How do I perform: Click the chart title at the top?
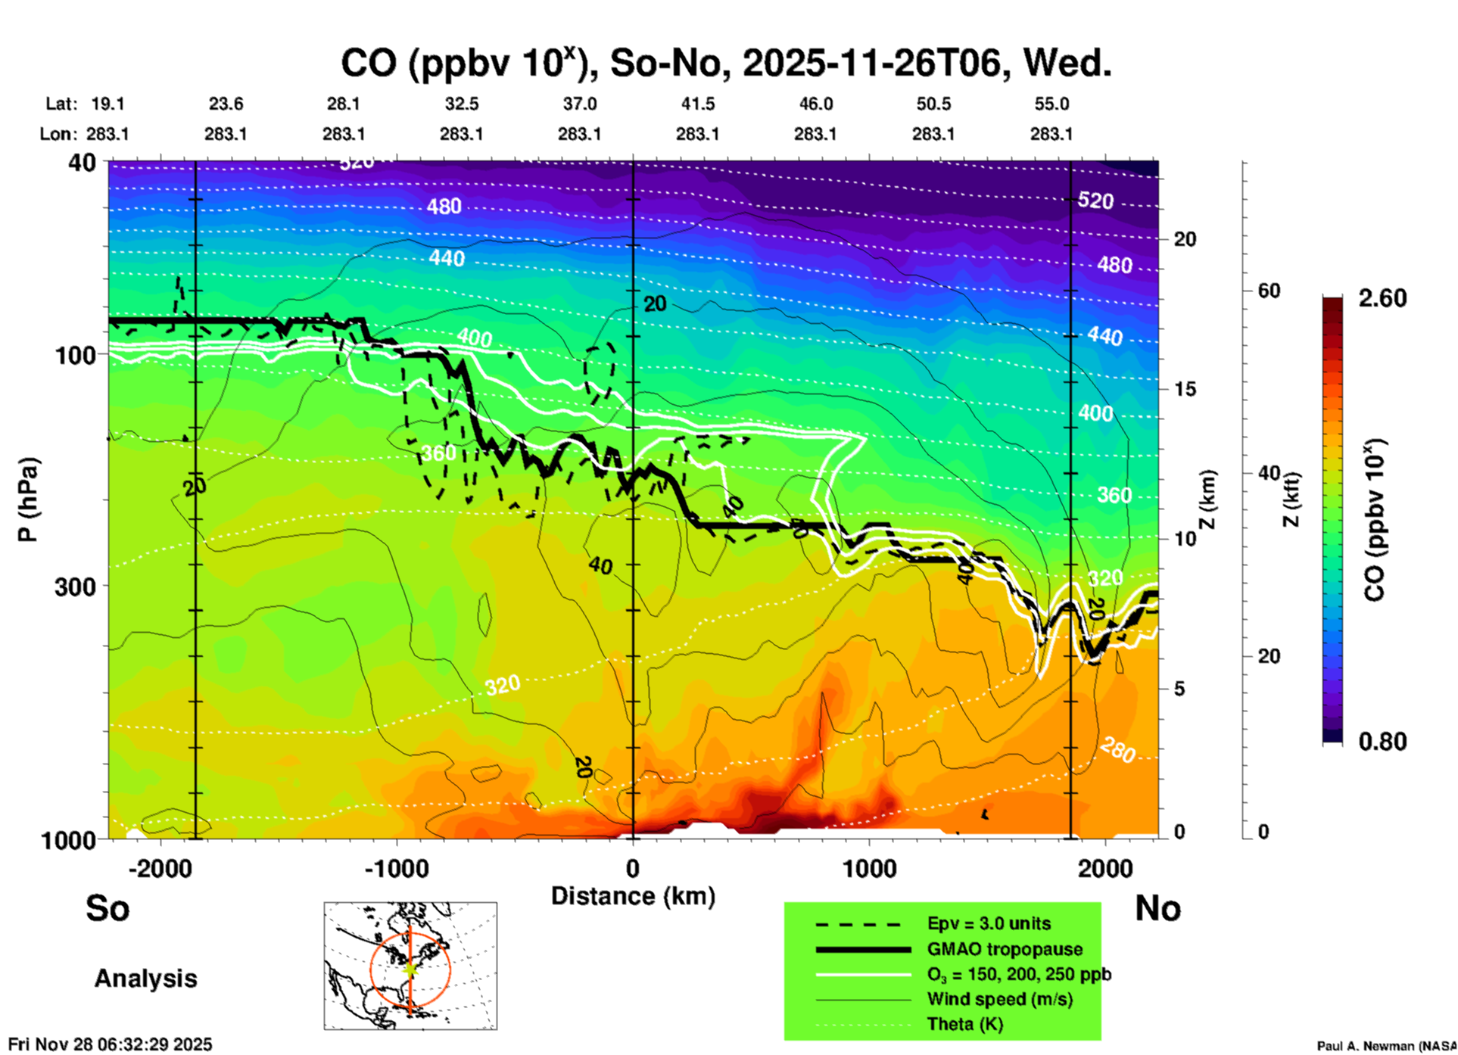(725, 63)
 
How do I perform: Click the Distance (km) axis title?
(633, 896)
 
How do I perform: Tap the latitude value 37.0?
(579, 104)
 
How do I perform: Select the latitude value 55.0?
(1051, 104)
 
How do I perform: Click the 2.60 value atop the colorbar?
(1382, 298)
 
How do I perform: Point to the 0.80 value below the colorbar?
(1382, 742)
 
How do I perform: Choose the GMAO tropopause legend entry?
(1005, 949)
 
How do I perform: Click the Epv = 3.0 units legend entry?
(989, 923)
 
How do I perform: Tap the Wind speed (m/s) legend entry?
(999, 999)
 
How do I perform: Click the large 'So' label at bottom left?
(107, 908)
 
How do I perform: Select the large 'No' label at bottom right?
(1157, 908)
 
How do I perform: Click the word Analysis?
(145, 979)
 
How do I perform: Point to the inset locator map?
(410, 966)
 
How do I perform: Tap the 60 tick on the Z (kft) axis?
(1270, 291)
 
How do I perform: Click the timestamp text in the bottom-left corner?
(111, 1044)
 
